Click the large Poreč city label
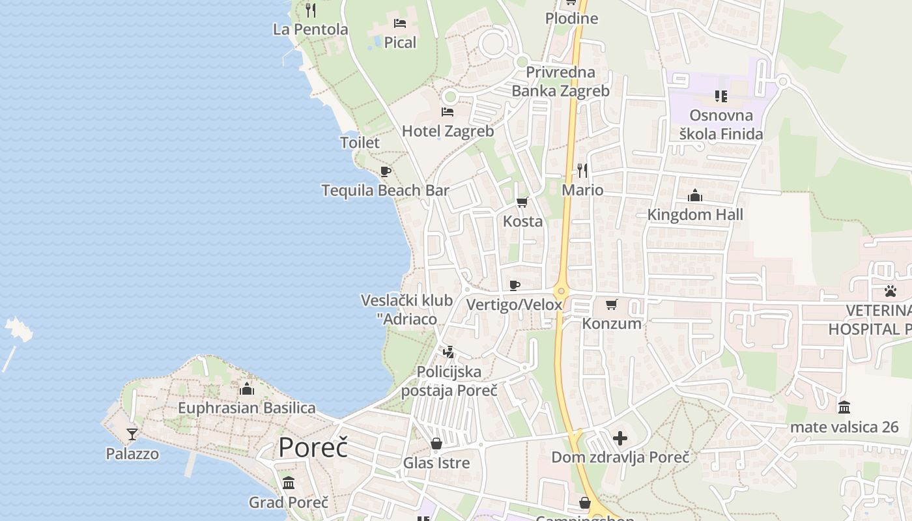313,448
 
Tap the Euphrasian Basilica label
246,408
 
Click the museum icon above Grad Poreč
289,483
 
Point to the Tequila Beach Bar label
385,190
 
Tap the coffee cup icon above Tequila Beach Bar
386,172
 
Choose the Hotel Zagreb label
448,131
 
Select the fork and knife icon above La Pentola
311,10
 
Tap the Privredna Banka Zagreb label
560,81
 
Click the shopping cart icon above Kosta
522,203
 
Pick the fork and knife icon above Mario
582,171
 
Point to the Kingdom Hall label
695,214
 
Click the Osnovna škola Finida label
720,125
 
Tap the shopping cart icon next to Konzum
611,305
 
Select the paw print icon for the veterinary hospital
890,291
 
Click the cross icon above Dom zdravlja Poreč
620,438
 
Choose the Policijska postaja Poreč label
449,381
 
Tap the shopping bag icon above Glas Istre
436,444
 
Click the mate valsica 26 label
844,427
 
